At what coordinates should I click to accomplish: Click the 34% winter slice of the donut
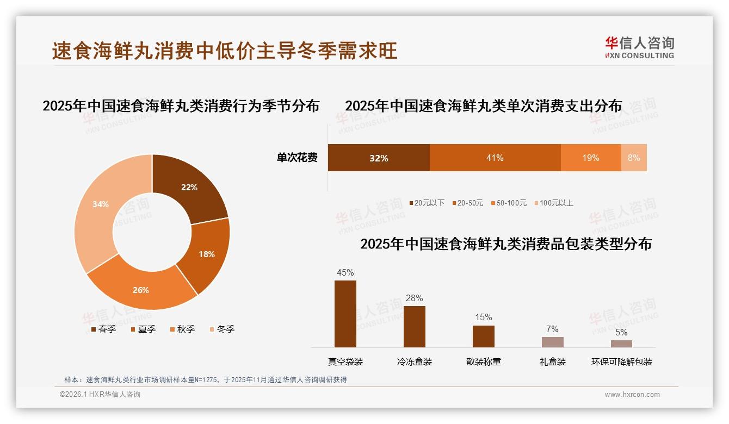coord(101,205)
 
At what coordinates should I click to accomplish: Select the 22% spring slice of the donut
coord(189,188)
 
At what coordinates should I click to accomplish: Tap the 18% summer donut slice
coord(206,254)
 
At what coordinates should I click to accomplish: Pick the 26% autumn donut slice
coord(141,290)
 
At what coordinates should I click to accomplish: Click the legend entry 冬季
coord(221,329)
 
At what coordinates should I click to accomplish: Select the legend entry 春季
coord(103,329)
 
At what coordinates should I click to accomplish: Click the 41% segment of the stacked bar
coord(495,158)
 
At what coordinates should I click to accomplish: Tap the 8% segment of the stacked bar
coord(634,158)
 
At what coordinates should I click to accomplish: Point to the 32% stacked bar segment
coord(379,158)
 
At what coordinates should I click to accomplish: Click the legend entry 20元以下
coord(427,203)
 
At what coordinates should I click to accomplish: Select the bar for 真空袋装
coord(345,314)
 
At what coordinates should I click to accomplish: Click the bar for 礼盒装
coord(553,342)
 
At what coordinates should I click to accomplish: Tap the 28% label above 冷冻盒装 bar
coord(414,298)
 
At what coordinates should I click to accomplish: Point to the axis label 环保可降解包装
coord(622,361)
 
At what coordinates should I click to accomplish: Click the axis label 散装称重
coord(484,361)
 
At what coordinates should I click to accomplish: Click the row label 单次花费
coord(297,158)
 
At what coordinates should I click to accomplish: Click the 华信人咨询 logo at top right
coord(640,47)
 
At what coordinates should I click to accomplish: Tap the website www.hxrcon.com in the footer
coord(632,395)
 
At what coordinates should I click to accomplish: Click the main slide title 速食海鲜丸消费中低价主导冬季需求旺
coord(225,51)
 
